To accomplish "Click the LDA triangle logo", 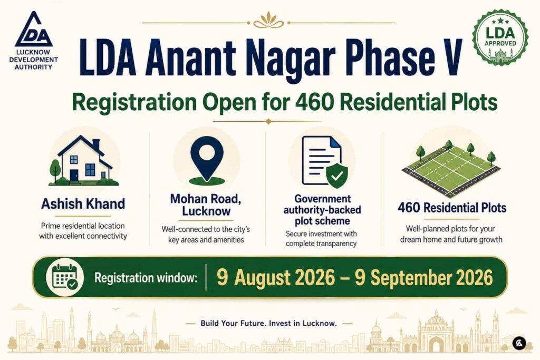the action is (x=34, y=30).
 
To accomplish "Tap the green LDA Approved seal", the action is (x=500, y=38).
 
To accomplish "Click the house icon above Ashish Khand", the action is (x=84, y=160).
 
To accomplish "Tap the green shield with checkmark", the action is (x=336, y=175).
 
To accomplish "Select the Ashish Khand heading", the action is (x=83, y=204).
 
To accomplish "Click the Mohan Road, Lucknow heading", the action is (x=206, y=205).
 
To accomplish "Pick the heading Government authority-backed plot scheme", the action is (x=322, y=210).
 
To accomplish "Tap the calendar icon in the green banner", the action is (x=65, y=277).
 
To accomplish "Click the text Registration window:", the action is (x=146, y=277).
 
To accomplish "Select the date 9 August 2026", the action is (x=276, y=277).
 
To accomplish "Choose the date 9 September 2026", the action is (x=424, y=277).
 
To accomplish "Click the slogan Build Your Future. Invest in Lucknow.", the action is (x=268, y=323).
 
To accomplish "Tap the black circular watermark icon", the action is (x=519, y=344).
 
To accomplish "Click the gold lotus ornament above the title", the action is (x=268, y=21).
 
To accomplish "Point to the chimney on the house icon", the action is (x=97, y=144).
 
